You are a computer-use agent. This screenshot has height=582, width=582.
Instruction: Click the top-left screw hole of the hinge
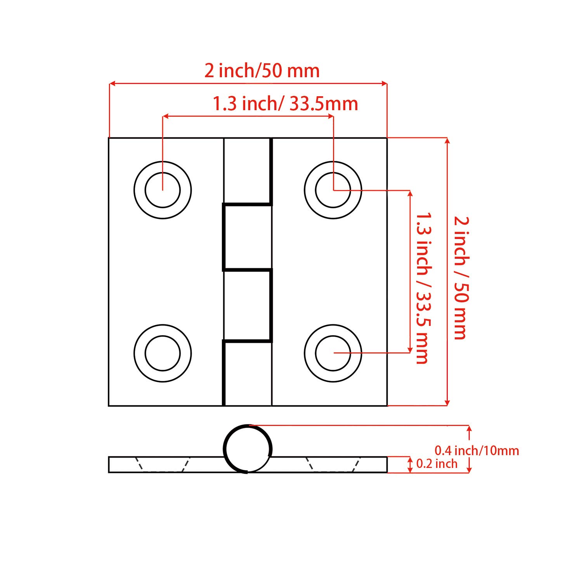pyautogui.click(x=163, y=190)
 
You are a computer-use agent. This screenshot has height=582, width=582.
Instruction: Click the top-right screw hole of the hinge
pyautogui.click(x=333, y=190)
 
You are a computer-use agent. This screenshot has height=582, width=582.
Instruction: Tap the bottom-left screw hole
pyautogui.click(x=163, y=353)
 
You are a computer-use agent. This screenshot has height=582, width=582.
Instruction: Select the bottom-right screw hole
pyautogui.click(x=333, y=353)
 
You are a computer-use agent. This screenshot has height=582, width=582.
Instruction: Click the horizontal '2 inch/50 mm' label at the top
pyautogui.click(x=262, y=71)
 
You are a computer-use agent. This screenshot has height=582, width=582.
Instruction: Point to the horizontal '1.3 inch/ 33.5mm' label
pyautogui.click(x=285, y=104)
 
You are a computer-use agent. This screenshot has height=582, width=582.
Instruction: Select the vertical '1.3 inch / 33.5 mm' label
pyautogui.click(x=423, y=288)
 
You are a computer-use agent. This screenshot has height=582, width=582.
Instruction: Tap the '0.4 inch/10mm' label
pyautogui.click(x=476, y=450)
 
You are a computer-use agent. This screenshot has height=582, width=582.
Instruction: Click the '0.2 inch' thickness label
pyautogui.click(x=436, y=464)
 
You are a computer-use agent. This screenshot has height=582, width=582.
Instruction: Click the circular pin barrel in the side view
pyautogui.click(x=248, y=449)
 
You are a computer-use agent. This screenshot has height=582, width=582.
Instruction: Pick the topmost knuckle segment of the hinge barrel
pyautogui.click(x=248, y=171)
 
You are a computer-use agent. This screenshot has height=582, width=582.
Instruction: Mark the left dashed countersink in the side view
pyautogui.click(x=163, y=465)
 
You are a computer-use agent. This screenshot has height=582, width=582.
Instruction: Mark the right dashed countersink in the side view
pyautogui.click(x=333, y=465)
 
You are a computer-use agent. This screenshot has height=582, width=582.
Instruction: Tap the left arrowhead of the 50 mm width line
pyautogui.click(x=112, y=83)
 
